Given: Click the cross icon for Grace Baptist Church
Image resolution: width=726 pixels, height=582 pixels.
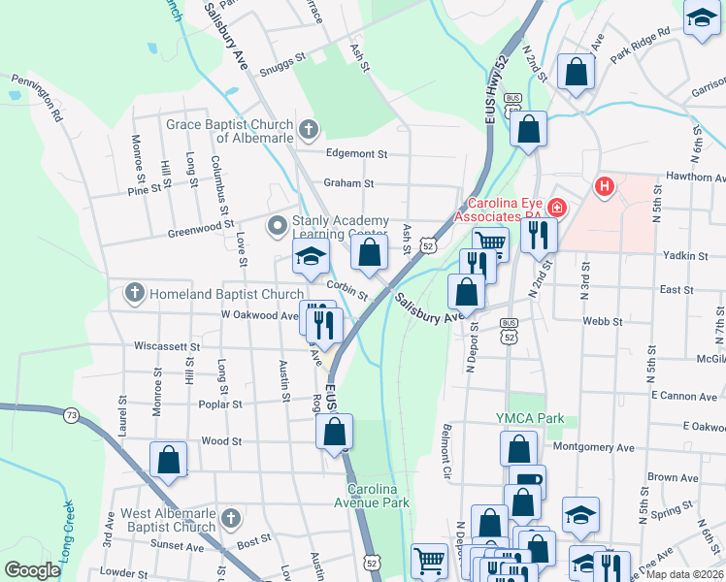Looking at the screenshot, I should click(x=308, y=129).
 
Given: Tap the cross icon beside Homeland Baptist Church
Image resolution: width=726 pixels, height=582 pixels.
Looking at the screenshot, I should click(x=134, y=292).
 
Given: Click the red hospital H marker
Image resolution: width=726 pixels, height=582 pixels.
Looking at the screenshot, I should click(x=606, y=185).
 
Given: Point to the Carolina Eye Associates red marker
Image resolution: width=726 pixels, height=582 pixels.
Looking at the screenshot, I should click(x=557, y=206).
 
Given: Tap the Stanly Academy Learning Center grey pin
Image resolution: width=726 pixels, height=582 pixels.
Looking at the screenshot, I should click(x=278, y=226).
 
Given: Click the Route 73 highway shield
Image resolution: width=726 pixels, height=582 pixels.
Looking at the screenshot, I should click(x=71, y=415).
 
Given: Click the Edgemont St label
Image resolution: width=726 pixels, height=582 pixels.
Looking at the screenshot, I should click(x=356, y=153).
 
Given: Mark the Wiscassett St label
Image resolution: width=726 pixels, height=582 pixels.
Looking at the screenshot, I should click(x=166, y=345).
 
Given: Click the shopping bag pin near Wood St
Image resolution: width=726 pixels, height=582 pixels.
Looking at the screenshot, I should click(x=168, y=460).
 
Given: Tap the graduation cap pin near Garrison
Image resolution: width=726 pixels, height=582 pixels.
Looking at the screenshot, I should click(x=702, y=19).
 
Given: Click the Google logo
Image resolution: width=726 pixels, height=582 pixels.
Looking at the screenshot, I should click(x=32, y=569).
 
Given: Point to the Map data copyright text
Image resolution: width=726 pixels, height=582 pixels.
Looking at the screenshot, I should click(x=685, y=574).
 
